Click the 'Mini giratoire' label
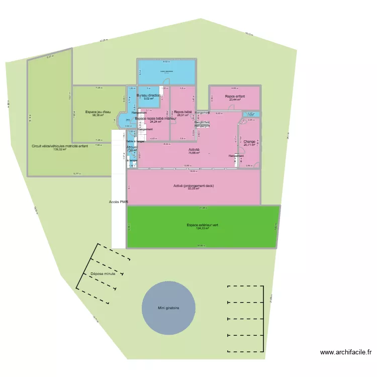point(168,308)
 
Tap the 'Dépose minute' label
point(103,274)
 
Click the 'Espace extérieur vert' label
point(202,225)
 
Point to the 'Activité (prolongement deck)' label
point(194,186)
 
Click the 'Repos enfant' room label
point(235,96)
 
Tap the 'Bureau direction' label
point(149,95)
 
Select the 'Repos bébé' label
point(183,112)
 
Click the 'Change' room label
point(249,142)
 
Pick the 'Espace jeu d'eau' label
point(98,112)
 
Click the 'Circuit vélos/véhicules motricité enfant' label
point(60,146)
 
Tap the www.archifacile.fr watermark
point(345,352)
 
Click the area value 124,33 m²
point(202,229)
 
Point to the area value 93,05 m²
point(194,190)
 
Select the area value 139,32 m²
point(60,149)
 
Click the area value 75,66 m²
point(194,153)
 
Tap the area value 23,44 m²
point(235,100)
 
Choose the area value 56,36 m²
point(98,115)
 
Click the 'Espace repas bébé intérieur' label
point(156,119)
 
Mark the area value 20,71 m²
point(249,145)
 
